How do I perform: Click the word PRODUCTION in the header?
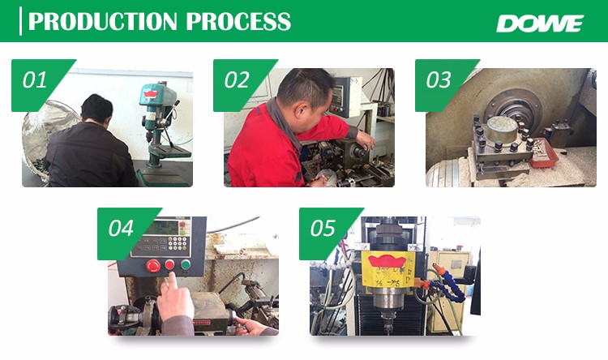click(103, 21)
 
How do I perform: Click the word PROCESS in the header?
click(238, 21)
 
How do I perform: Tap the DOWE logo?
click(540, 24)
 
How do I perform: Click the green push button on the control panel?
click(186, 264)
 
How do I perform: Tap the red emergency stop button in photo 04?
click(153, 266)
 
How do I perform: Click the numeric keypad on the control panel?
click(178, 242)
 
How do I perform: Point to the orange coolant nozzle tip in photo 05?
click(436, 268)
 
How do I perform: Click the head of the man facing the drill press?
click(97, 108)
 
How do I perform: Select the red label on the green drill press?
click(151, 94)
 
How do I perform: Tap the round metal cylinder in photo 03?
click(502, 129)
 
